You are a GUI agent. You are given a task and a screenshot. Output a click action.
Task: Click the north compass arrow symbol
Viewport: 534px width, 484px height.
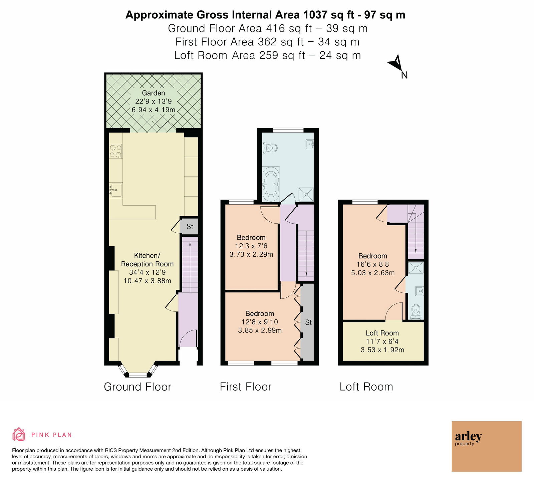tap(396, 63)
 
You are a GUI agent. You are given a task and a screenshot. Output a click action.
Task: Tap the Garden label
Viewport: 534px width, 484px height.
tap(154, 93)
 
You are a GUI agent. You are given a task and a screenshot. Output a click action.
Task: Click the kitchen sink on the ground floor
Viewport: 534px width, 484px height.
tap(115, 190)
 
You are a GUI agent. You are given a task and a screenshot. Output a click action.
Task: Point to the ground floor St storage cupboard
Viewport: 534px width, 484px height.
tap(189, 227)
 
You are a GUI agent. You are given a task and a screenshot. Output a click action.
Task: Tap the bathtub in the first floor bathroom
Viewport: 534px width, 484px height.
tap(271, 183)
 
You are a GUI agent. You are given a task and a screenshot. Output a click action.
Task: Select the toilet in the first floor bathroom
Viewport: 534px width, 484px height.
tap(270, 147)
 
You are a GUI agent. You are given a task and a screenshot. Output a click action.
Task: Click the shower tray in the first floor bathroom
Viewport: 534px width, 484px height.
tap(306, 194)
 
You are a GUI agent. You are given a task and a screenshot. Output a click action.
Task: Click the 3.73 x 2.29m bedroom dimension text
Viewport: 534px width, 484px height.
tap(251, 254)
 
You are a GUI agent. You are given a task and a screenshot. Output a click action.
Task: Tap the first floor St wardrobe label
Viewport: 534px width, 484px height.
tap(308, 322)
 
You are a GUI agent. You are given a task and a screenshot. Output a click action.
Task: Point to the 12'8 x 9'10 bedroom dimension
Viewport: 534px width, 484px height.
tap(260, 322)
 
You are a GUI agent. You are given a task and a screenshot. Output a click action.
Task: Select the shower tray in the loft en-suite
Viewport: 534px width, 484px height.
tap(416, 268)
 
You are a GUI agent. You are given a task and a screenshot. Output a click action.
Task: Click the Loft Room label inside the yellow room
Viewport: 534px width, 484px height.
tap(382, 333)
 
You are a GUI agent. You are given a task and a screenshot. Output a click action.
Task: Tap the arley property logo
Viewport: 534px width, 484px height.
tap(487, 446)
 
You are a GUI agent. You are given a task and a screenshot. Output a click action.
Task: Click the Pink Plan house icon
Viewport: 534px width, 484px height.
tap(19, 434)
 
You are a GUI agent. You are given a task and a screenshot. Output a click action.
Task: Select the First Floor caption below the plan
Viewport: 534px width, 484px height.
tap(246, 387)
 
